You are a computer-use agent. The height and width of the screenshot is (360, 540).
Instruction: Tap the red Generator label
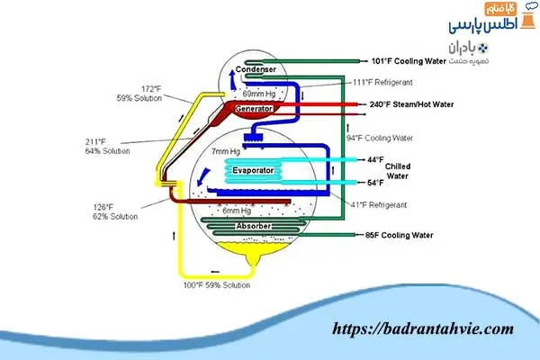(x=256, y=109)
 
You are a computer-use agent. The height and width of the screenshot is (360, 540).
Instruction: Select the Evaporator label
(x=253, y=169)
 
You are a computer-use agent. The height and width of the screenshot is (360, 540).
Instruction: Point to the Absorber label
(x=252, y=225)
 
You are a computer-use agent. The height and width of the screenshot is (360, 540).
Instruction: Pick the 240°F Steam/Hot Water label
(x=412, y=104)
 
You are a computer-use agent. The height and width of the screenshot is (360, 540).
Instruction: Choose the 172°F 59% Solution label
(x=162, y=94)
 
